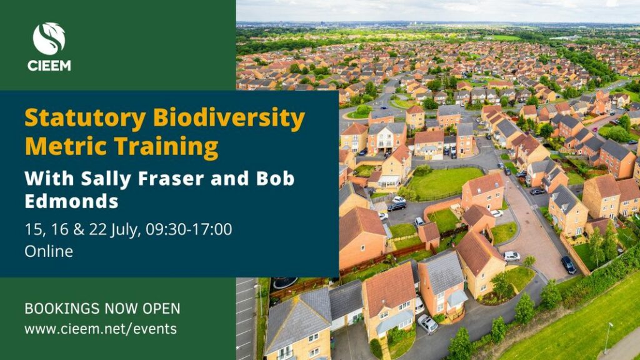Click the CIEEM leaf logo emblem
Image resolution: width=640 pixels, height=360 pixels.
coord(49,39)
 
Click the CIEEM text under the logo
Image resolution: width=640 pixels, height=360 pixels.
coord(49,66)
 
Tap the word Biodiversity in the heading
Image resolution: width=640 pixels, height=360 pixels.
coord(229,119)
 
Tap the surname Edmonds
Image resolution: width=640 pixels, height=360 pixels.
coord(71,202)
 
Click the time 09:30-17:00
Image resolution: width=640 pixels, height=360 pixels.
coord(189,229)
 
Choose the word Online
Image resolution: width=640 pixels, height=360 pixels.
coord(49,251)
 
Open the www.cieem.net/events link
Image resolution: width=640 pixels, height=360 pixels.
coord(101,329)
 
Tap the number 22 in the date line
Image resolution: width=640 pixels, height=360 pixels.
coord(98,229)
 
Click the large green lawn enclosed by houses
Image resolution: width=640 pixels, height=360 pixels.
coord(446,182)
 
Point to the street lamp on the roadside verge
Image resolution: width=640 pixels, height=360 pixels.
coord(608,337)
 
